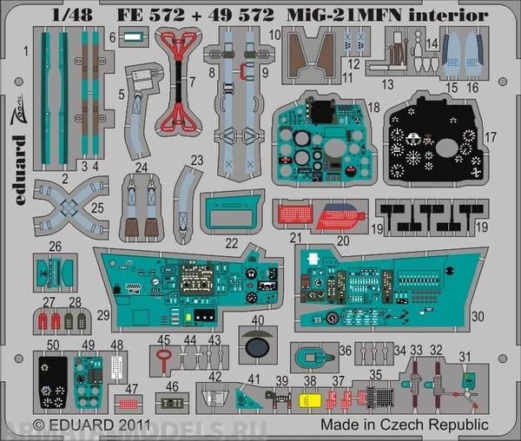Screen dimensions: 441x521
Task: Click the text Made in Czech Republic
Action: [403, 425]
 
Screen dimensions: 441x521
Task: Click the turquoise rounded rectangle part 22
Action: [234, 211]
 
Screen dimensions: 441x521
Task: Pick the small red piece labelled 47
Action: [129, 403]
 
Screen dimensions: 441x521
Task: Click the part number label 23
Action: [197, 160]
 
